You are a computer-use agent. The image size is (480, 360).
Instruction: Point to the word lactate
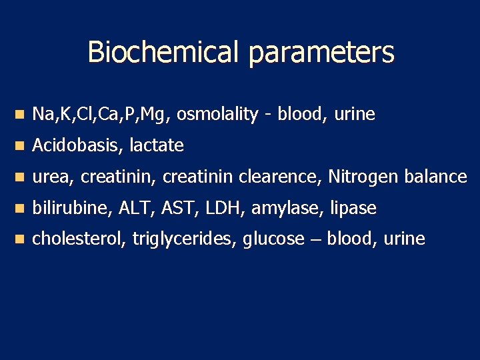click(157, 145)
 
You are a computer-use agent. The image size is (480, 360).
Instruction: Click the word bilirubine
click(72, 209)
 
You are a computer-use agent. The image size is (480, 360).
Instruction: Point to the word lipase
click(353, 209)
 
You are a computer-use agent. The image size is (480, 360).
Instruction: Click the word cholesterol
click(79, 239)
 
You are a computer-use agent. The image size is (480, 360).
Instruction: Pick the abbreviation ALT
click(135, 209)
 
